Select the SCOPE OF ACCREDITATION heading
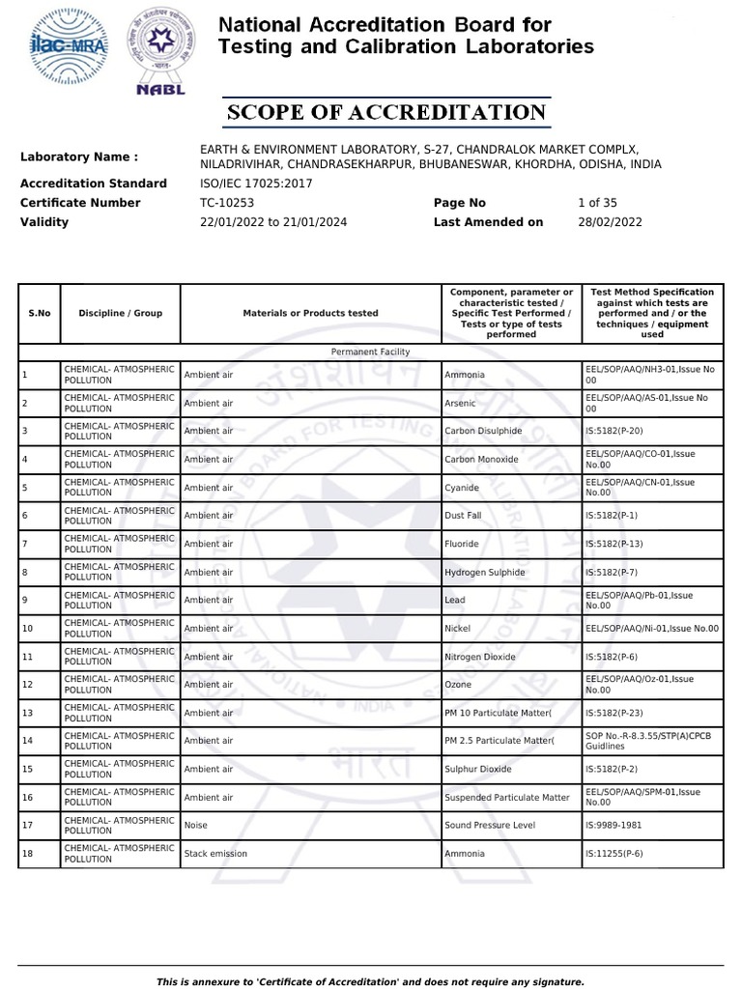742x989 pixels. pyautogui.click(x=386, y=112)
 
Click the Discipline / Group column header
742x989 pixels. pyautogui.click(x=120, y=313)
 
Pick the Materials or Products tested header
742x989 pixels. pyautogui.click(x=310, y=313)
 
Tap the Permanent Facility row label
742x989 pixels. pyautogui.click(x=370, y=353)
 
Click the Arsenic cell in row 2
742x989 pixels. pyautogui.click(x=460, y=403)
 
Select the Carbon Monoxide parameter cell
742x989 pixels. pyautogui.click(x=481, y=459)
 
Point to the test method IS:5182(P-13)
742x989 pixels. pyautogui.click(x=614, y=544)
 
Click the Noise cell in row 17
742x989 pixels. pyautogui.click(x=196, y=826)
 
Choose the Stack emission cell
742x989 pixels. pyautogui.click(x=215, y=854)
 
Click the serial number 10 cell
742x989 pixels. pyautogui.click(x=27, y=629)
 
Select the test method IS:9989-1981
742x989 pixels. pyautogui.click(x=614, y=826)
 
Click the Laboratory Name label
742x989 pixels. pyautogui.click(x=79, y=156)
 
